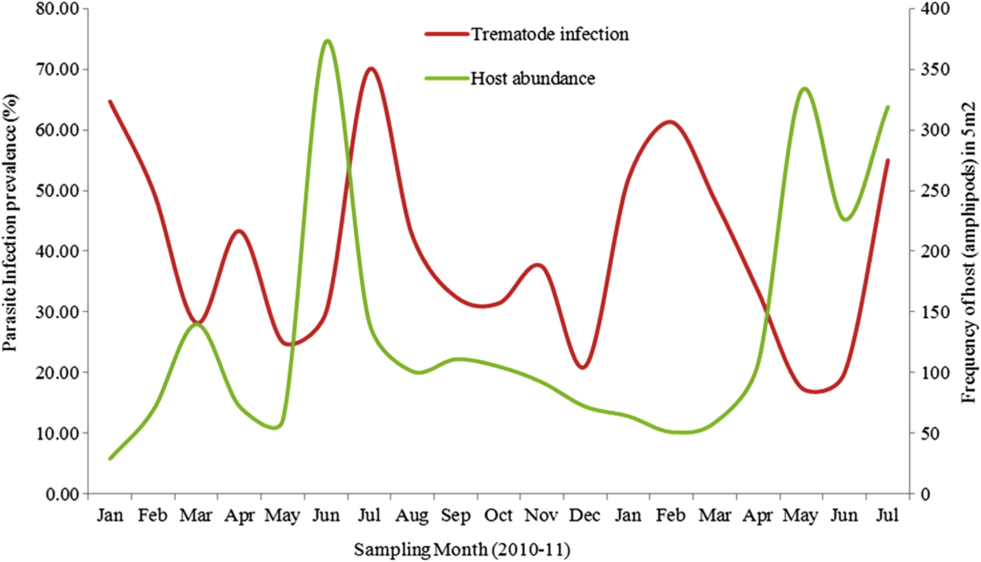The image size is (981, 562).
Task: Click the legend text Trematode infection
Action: (x=549, y=34)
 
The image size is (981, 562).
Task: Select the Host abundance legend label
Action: (x=533, y=78)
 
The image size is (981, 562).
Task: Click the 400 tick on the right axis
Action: (x=929, y=9)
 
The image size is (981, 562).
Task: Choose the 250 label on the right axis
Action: (x=929, y=191)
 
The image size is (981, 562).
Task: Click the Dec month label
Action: (x=585, y=516)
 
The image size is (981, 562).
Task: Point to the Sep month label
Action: (x=455, y=516)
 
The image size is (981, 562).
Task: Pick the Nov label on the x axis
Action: (x=542, y=516)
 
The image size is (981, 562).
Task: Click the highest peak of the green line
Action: (x=327, y=41)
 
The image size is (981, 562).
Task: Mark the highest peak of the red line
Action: (x=371, y=69)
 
